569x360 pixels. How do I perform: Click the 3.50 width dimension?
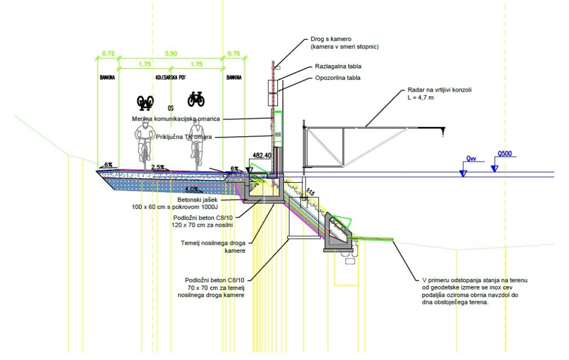coord(171,53)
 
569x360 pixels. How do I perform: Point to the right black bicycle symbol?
coord(196,99)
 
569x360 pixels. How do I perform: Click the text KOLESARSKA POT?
coord(171,78)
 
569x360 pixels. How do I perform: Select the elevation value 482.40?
coord(261,156)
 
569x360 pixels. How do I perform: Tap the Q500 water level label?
coord(505,153)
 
